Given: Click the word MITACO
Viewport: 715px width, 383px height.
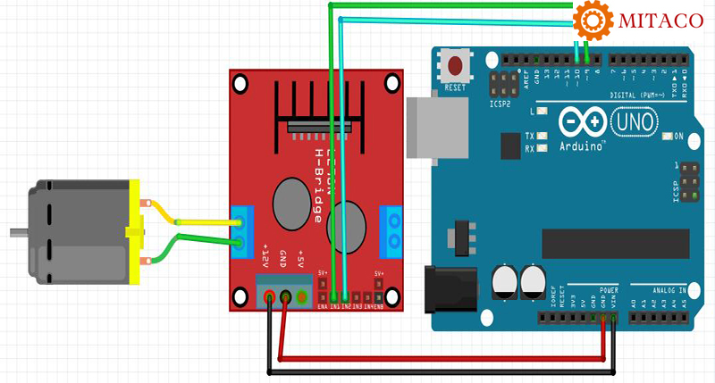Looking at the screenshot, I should pyautogui.click(x=658, y=21).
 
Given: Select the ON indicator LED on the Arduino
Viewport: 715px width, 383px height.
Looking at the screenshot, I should pyautogui.click(x=667, y=137).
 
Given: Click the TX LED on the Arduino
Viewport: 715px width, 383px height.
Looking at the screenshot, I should pyautogui.click(x=543, y=136).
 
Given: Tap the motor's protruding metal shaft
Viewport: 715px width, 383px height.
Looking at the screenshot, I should pyautogui.click(x=17, y=234).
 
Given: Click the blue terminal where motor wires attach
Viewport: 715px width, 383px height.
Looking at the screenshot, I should pyautogui.click(x=241, y=227).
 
